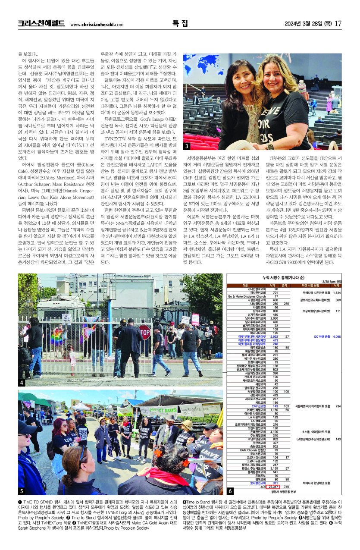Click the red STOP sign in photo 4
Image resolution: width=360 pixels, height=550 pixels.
(x=144, y=333)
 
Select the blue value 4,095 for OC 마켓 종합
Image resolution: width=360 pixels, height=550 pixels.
(x=337, y=336)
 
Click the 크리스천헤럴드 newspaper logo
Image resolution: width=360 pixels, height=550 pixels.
(x=41, y=23)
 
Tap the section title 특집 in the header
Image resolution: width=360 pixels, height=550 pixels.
(x=179, y=23)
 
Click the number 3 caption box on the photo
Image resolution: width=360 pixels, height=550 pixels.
(x=187, y=146)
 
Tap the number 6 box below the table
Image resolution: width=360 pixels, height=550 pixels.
(x=230, y=491)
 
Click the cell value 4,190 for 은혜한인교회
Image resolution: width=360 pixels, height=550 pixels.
(x=274, y=431)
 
